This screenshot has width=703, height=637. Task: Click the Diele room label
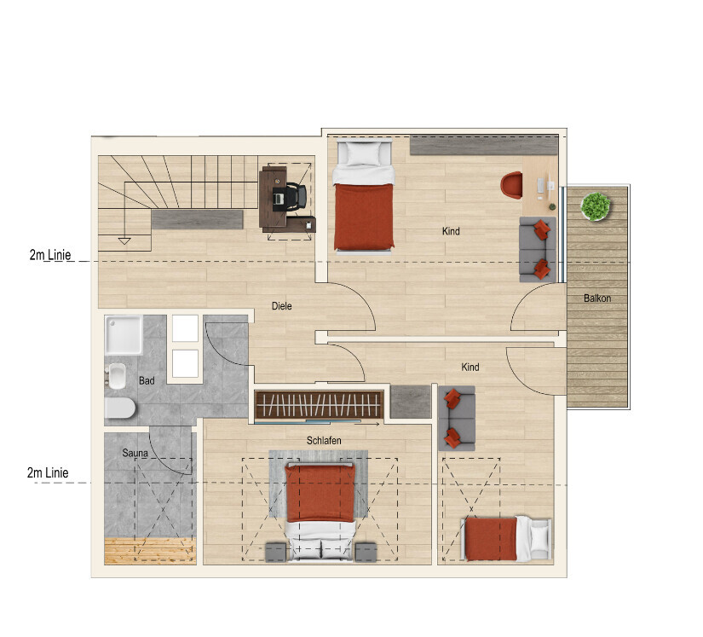pyautogui.click(x=281, y=306)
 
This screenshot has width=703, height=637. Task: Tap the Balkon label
pyautogui.click(x=597, y=298)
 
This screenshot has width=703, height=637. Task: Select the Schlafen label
pyautogui.click(x=324, y=441)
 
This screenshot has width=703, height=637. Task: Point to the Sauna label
pyautogui.click(x=135, y=453)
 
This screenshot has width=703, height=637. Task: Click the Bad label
pyautogui.click(x=147, y=381)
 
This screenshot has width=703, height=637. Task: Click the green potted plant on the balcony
pyautogui.click(x=596, y=206)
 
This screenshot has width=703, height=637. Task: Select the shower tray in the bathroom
pyautogui.click(x=124, y=335)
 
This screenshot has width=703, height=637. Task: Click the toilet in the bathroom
pyautogui.click(x=119, y=408)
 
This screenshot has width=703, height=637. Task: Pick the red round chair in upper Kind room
pyautogui.click(x=511, y=185)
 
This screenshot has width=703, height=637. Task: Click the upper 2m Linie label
pyautogui.click(x=50, y=255)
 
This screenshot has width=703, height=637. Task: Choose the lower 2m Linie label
pyautogui.click(x=48, y=472)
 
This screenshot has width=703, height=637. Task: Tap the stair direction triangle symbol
pyautogui.click(x=124, y=240)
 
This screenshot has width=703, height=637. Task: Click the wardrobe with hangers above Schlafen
pyautogui.click(x=319, y=405)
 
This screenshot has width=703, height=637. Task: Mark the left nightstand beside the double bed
pyautogui.click(x=276, y=553)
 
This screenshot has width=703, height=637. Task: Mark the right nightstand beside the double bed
pyautogui.click(x=366, y=553)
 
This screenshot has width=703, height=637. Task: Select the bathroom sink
pyautogui.click(x=116, y=376)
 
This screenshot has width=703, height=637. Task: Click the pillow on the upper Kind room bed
pyautogui.click(x=363, y=153)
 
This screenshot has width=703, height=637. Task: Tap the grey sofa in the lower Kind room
pyautogui.click(x=457, y=418)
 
